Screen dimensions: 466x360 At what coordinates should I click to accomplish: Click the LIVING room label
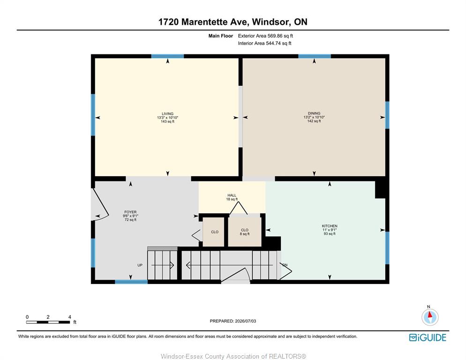(x=168, y=114)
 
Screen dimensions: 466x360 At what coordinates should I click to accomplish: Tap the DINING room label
(x=314, y=113)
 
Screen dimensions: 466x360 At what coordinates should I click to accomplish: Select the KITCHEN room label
(x=330, y=226)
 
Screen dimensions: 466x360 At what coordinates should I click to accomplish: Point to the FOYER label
(x=130, y=212)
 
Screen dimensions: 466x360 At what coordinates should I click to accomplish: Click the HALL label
(x=232, y=195)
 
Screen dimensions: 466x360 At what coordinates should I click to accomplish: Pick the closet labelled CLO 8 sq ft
(x=245, y=232)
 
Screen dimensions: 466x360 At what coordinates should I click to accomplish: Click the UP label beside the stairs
(x=140, y=265)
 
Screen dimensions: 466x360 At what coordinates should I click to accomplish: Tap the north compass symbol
(x=430, y=317)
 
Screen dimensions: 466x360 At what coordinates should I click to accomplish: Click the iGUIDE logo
(x=428, y=337)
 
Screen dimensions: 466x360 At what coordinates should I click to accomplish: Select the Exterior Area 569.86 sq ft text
(x=265, y=36)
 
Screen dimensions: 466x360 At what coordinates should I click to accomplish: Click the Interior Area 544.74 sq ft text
(x=264, y=43)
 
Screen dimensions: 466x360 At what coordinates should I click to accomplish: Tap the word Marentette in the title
(x=204, y=22)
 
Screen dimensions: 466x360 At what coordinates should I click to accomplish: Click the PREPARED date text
(x=233, y=321)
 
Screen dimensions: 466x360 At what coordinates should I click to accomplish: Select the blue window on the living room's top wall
(x=168, y=56)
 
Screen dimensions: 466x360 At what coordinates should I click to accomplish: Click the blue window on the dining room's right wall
(x=387, y=115)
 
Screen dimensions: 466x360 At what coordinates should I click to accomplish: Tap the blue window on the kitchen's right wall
(x=387, y=247)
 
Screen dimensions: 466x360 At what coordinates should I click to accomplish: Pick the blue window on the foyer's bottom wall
(x=131, y=282)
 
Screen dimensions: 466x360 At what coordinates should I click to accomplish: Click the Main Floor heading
(x=220, y=36)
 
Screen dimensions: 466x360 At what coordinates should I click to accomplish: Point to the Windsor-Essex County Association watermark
(x=233, y=356)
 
